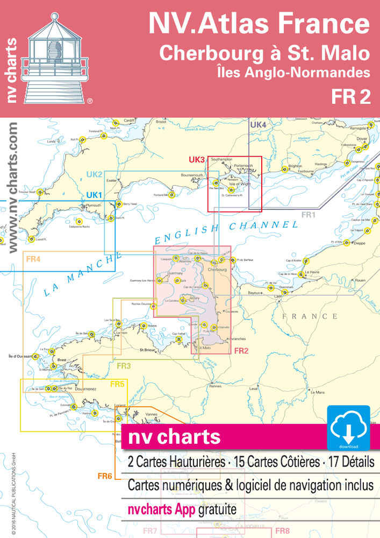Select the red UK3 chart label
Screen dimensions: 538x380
(197, 160)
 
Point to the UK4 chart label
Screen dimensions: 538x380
(259, 125)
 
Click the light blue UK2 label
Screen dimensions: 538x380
(95, 174)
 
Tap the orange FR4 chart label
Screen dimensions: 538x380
(33, 259)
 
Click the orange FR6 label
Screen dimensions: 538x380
(105, 476)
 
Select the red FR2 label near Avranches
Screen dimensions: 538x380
(240, 351)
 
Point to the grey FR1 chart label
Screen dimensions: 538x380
(307, 215)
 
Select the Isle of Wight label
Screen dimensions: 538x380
(240, 184)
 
